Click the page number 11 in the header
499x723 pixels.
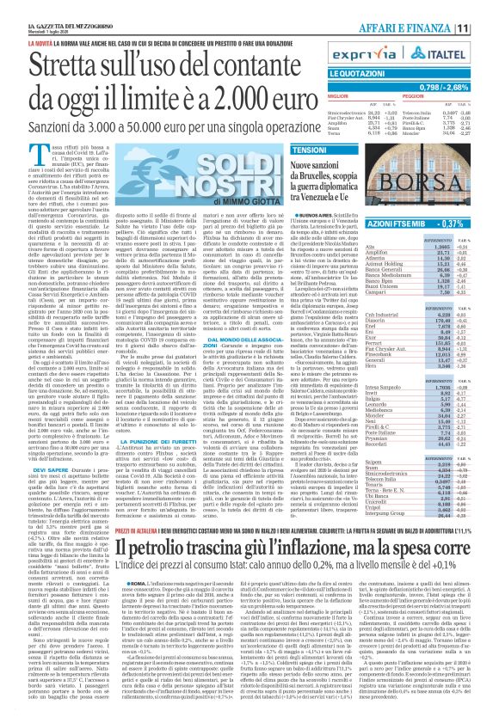[486, 28]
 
